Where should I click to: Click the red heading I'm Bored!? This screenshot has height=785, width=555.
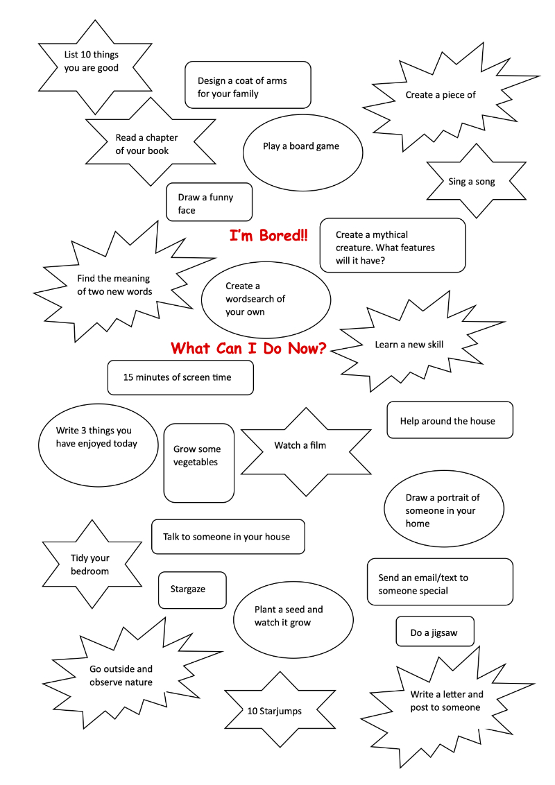268,235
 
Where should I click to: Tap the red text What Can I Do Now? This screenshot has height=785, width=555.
248,348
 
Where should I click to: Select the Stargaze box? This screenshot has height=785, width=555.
192,589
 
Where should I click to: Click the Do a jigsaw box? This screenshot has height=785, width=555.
435,632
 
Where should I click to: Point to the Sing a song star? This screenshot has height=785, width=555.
476,181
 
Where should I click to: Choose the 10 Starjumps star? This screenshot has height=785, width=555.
279,709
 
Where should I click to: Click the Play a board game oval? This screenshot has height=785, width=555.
302,152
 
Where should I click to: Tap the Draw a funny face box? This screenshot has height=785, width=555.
209,202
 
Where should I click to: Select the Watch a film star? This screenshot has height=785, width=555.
305,451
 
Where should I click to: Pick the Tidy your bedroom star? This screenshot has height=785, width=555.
92,564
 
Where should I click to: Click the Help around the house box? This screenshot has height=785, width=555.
450,420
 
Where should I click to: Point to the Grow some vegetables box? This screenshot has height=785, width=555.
199,463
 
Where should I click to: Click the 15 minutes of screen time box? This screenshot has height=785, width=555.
180,377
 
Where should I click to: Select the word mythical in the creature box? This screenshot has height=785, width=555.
390,234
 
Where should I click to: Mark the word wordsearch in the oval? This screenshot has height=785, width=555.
255,299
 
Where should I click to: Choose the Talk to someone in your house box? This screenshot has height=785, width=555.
228,537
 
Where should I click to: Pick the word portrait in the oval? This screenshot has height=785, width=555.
452,498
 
